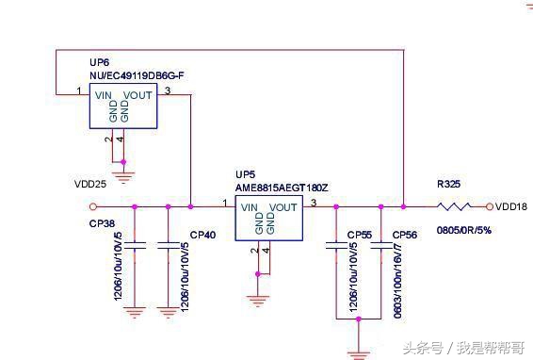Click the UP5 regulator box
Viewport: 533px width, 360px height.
[269, 219]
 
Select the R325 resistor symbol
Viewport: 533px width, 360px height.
[454, 205]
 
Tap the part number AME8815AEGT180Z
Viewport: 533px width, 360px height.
[282, 187]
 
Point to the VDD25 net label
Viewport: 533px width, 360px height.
[89, 183]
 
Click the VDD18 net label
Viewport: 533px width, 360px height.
[511, 206]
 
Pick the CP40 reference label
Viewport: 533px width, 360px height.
[202, 235]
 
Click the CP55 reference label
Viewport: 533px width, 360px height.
[360, 235]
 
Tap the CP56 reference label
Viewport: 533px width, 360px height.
[404, 235]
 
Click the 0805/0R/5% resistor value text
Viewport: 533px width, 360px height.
[464, 229]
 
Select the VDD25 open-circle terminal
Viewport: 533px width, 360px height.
[92, 205]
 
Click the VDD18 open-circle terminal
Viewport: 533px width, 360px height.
[489, 206]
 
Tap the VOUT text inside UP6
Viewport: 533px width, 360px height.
[137, 94]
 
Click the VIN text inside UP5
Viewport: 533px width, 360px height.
[250, 207]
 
